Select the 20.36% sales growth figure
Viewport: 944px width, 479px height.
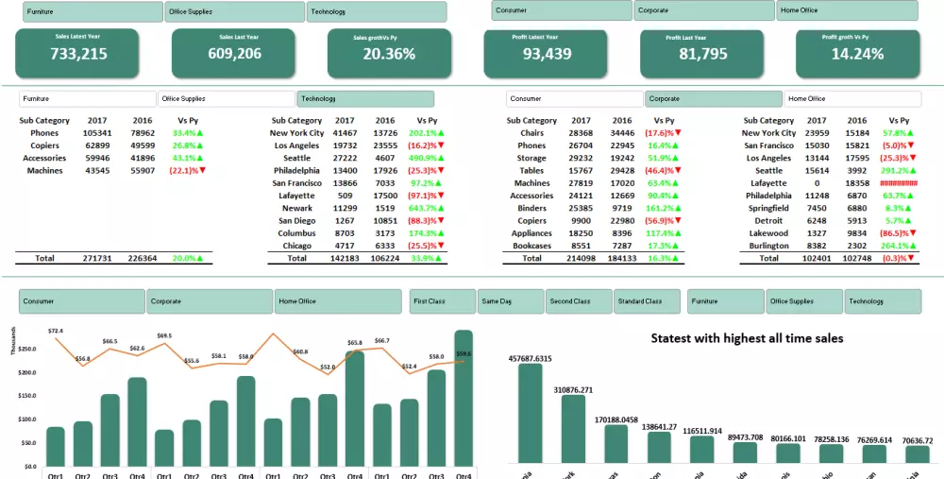[389, 54]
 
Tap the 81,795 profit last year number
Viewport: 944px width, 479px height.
[702, 54]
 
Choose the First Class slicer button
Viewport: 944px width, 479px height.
[443, 301]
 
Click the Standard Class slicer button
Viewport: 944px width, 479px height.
[648, 301]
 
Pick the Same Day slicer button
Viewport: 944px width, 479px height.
[510, 301]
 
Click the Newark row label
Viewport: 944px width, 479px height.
[297, 208]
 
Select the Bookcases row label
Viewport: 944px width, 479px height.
[531, 245]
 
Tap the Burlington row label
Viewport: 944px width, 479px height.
[769, 245]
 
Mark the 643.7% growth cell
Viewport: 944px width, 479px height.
[423, 208]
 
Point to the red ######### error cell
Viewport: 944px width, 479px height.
[898, 183]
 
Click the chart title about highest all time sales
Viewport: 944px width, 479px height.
[747, 337]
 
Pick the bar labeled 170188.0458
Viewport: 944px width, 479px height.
[616, 443]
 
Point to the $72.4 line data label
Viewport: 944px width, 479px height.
[56, 331]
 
